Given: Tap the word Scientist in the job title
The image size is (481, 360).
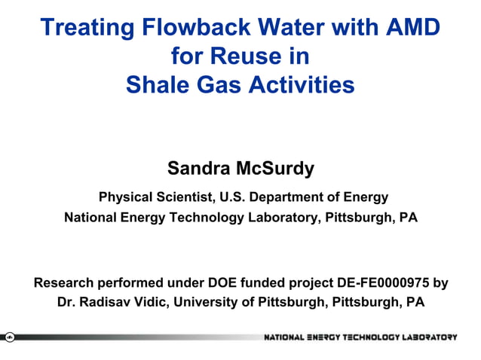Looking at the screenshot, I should (x=182, y=198).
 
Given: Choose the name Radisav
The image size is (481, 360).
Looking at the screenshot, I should (x=108, y=303).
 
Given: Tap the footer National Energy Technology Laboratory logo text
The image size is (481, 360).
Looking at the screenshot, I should (x=360, y=337).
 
